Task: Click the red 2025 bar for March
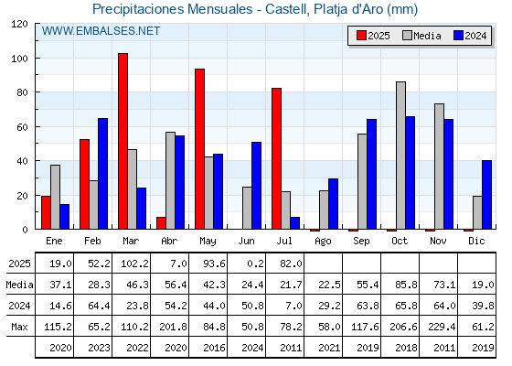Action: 123,141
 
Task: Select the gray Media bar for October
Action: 401,156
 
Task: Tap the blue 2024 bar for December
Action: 486,195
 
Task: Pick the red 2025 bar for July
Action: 276,158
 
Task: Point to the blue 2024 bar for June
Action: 256,186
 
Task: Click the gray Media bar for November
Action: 439,167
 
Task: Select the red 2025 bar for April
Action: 161,223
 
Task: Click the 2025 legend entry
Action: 373,36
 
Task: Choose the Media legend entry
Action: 421,36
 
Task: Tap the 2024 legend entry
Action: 470,36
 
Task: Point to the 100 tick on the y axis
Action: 19,59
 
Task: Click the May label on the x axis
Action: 208,242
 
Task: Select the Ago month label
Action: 324,242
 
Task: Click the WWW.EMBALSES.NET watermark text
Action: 101,31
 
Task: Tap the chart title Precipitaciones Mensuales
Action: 173,9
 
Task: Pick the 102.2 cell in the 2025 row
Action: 135,264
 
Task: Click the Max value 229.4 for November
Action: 442,327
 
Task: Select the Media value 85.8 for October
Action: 406,285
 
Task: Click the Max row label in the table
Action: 19,327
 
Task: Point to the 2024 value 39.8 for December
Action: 483,306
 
